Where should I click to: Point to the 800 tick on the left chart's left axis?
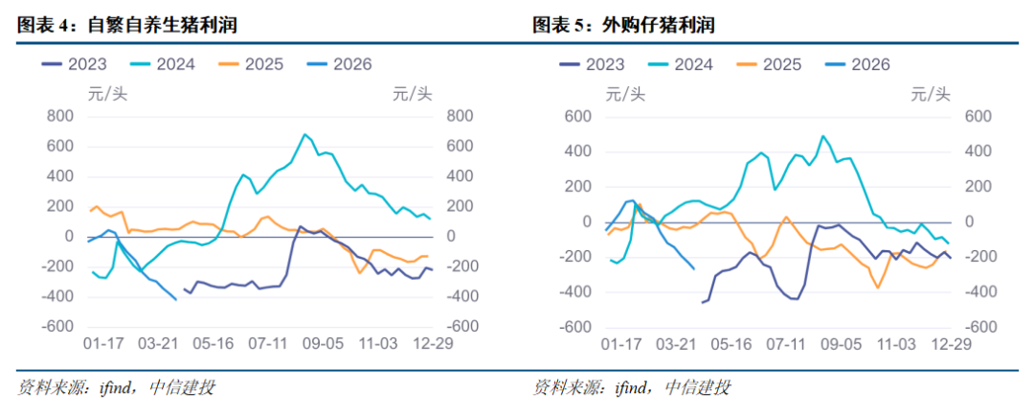point(60,116)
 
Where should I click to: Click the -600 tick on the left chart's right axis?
point(456,327)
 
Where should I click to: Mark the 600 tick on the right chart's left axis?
point(578,116)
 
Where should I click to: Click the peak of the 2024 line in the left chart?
point(304,134)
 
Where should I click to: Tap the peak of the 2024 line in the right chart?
point(821,136)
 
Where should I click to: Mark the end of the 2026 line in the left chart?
point(175,299)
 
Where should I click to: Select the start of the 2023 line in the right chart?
point(702,303)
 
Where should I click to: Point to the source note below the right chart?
point(633,388)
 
